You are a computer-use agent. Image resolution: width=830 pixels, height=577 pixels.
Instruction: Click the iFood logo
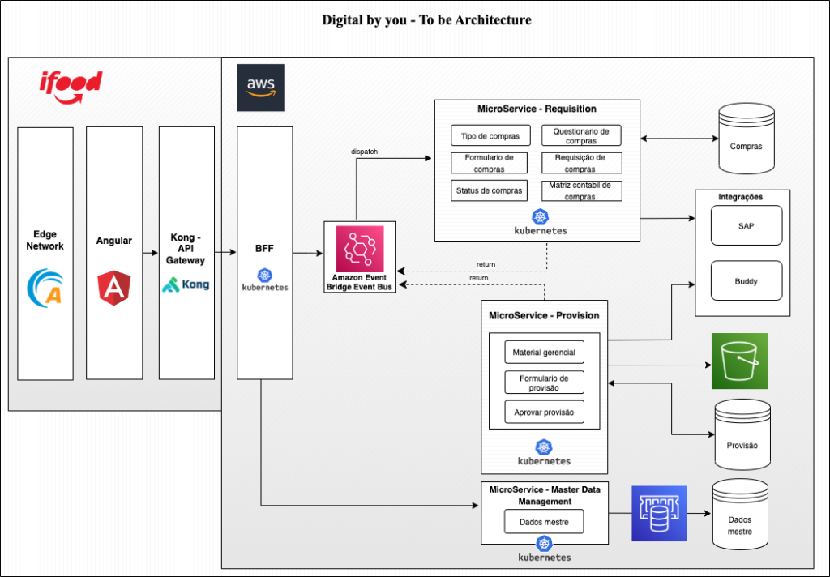pyautogui.click(x=71, y=86)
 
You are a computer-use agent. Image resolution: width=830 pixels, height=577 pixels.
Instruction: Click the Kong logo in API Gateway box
pyautogui.click(x=186, y=284)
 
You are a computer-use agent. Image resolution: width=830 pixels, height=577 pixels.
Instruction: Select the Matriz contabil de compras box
pyautogui.click(x=581, y=190)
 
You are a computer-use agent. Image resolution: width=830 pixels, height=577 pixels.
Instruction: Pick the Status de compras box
pyautogui.click(x=490, y=190)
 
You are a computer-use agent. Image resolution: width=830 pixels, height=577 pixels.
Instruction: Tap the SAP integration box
pyautogui.click(x=746, y=225)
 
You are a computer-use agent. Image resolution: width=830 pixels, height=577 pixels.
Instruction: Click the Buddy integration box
pyautogui.click(x=746, y=281)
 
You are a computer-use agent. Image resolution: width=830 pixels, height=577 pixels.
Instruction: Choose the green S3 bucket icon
pyautogui.click(x=739, y=361)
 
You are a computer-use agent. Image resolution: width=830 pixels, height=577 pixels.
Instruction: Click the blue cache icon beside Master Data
pyautogui.click(x=659, y=513)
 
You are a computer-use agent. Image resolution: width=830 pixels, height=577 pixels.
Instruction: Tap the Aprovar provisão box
pyautogui.click(x=544, y=412)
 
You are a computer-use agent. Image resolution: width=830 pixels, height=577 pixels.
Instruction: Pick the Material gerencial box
pyautogui.click(x=544, y=353)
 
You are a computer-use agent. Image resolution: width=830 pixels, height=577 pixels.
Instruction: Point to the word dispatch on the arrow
pyautogui.click(x=364, y=152)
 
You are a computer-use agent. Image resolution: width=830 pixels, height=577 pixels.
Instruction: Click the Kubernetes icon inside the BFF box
pyautogui.click(x=264, y=277)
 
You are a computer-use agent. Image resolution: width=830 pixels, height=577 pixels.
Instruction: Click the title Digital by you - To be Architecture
pyautogui.click(x=426, y=19)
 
